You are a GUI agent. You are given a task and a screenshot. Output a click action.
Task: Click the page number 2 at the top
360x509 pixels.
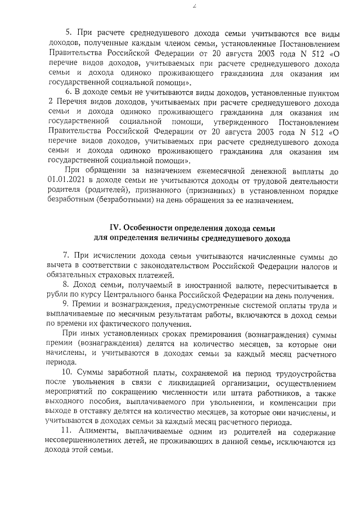(x=178, y=6)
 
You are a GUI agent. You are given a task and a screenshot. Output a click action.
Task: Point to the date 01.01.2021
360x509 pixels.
(x=66, y=182)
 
